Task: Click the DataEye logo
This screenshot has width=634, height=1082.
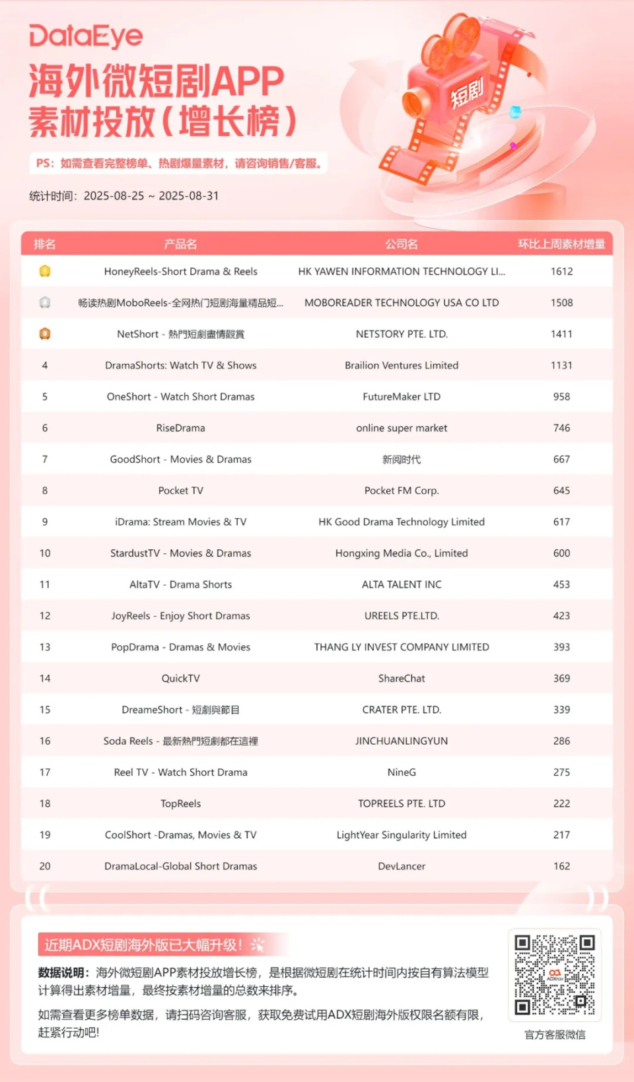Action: (86, 36)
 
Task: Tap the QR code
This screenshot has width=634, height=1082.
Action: (555, 974)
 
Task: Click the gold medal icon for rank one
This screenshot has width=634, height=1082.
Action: (45, 271)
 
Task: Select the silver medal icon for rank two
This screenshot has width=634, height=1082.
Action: (45, 302)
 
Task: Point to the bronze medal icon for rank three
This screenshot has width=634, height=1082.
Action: (45, 334)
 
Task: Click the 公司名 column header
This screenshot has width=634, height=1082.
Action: (402, 244)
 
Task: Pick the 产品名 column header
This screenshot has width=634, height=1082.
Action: (180, 244)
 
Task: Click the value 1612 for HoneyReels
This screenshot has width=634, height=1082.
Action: (561, 271)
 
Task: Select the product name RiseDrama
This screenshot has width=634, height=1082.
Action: (180, 428)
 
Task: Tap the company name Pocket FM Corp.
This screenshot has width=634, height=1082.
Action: (402, 490)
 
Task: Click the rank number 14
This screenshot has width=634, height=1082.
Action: (45, 678)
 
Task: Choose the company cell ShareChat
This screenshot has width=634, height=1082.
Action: (402, 678)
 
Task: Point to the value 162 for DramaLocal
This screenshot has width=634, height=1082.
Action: (561, 866)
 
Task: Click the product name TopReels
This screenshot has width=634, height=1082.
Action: (180, 803)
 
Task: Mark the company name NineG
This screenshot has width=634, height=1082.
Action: (402, 772)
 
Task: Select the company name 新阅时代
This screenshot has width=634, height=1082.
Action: (402, 459)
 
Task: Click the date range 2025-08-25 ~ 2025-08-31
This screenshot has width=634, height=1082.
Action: (151, 196)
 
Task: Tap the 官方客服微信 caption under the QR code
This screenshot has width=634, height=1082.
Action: (555, 1034)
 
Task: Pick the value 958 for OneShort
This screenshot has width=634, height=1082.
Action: (561, 397)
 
